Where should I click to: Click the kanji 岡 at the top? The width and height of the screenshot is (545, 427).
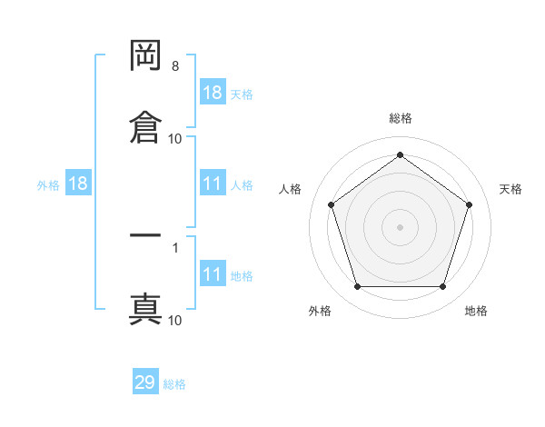[x=145, y=57]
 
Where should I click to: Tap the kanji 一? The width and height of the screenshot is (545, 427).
[x=145, y=235]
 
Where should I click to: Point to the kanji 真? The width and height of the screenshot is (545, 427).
[x=145, y=308]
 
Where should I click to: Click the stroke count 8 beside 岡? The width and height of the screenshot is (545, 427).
[x=175, y=66]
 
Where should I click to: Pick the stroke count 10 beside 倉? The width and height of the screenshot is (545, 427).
[x=175, y=138]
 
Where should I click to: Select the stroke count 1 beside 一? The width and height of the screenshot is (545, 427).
[x=174, y=246]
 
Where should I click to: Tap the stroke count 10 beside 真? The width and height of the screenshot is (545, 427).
[x=175, y=320]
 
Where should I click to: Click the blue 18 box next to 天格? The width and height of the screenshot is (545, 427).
[x=213, y=92]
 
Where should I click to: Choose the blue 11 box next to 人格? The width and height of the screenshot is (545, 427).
[x=213, y=184]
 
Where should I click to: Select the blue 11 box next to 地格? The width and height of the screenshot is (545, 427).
[x=213, y=274]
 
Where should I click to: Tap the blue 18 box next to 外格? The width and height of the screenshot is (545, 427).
[x=78, y=184]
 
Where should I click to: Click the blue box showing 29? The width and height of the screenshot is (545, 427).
[x=145, y=382]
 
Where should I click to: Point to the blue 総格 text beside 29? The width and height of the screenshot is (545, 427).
[x=174, y=384]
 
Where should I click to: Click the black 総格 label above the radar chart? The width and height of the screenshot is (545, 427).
[x=401, y=118]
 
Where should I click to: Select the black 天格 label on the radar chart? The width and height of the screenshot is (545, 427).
[x=510, y=189]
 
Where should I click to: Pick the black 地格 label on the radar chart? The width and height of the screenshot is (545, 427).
[x=476, y=311]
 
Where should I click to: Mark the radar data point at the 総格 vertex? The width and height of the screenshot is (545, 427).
[x=400, y=154]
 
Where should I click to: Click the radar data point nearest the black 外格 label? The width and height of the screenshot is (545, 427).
[x=357, y=287]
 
